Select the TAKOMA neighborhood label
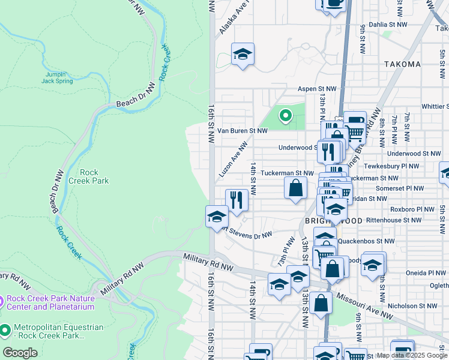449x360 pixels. pyautogui.click(x=403, y=64)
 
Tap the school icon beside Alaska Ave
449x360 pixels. pyautogui.click(x=243, y=55)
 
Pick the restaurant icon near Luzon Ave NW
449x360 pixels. pyautogui.click(x=237, y=200)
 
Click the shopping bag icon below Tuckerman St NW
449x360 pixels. pyautogui.click(x=295, y=188)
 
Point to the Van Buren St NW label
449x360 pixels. pyautogui.click(x=242, y=130)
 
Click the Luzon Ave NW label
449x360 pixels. pyautogui.click(x=234, y=159)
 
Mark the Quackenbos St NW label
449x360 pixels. pyautogui.click(x=366, y=241)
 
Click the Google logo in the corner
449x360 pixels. pyautogui.click(x=20, y=353)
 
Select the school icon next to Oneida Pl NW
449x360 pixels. pyautogui.click(x=373, y=264)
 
